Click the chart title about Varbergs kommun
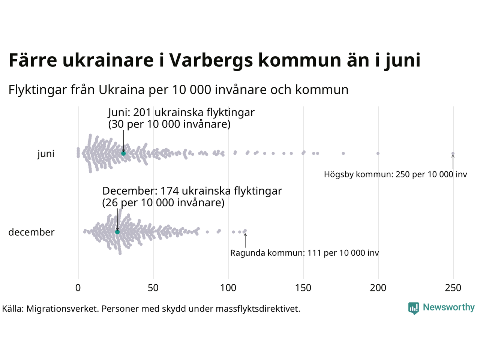click(x=214, y=60)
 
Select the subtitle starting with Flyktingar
click(x=178, y=90)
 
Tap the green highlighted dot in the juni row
click(x=123, y=153)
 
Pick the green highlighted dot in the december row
click(x=117, y=232)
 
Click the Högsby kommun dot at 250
click(x=453, y=153)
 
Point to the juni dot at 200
click(x=378, y=153)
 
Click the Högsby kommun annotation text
click(x=395, y=174)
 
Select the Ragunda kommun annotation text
click(x=304, y=253)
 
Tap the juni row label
click(x=46, y=154)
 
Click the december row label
click(x=31, y=232)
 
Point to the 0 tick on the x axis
click(x=78, y=288)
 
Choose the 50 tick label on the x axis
click(x=153, y=288)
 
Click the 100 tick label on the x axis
click(x=228, y=288)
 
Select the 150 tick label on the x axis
click(x=303, y=288)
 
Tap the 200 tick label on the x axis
click(x=378, y=288)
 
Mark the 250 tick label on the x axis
click(x=453, y=288)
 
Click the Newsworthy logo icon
click(x=414, y=308)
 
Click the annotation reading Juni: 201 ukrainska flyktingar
click(x=181, y=112)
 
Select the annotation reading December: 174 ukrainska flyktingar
click(x=192, y=191)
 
